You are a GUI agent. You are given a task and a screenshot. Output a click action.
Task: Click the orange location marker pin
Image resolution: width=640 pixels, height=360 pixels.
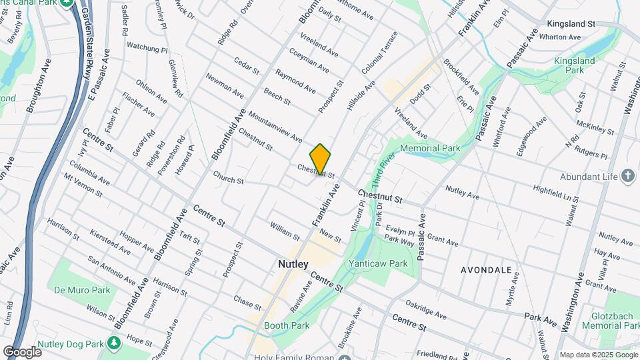321,159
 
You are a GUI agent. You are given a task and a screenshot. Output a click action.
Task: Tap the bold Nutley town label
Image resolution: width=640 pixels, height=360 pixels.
293,265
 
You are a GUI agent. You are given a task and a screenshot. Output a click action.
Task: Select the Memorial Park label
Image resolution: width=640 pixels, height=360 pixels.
430,148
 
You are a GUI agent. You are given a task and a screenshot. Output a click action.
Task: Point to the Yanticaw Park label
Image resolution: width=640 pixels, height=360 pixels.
378,263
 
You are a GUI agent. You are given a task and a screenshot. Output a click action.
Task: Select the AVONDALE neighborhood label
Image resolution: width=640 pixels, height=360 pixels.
486,270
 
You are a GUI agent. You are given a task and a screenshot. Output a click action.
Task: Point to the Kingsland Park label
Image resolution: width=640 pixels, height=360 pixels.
574,65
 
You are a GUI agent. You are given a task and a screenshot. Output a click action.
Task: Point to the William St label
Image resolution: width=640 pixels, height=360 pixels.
285,231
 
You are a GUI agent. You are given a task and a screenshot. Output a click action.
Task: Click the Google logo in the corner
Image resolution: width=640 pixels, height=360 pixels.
22,351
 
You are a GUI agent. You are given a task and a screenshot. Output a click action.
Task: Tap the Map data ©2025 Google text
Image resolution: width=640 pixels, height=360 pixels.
599,355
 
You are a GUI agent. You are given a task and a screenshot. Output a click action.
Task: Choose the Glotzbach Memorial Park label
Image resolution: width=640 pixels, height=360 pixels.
611,320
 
